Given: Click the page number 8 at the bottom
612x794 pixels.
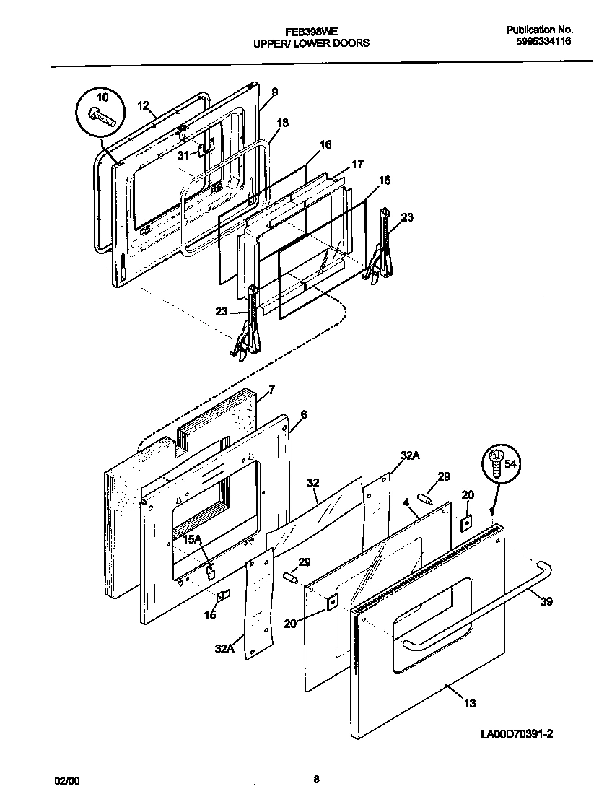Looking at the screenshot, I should coord(316,779).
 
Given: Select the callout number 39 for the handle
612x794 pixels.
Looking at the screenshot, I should coord(546,601).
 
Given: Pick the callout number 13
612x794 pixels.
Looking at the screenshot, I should coord(469,702).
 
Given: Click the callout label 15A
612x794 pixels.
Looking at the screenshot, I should coord(191,539).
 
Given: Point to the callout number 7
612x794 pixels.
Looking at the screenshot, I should coord(271,391).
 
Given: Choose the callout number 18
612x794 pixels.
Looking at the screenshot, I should coord(282,123).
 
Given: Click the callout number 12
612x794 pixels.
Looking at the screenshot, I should coord(143,105).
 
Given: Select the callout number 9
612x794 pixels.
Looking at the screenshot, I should coord(274,92).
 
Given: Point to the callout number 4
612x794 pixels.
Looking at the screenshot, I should coord(406,501).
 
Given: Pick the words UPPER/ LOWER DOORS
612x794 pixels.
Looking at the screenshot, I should coord(311,43).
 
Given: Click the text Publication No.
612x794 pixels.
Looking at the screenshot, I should coord(539,30).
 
